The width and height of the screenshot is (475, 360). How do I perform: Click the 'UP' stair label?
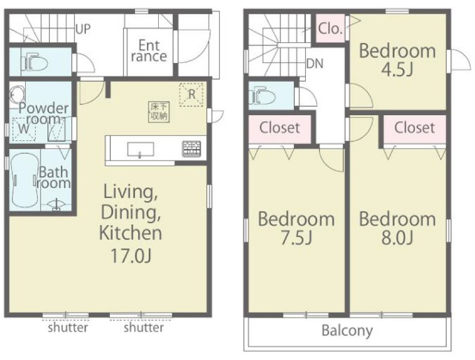point(82,29)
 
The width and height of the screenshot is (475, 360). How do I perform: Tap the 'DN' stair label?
point(315,64)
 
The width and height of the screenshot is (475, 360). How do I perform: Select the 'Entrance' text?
point(149,51)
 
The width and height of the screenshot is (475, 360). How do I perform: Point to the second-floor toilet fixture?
point(262,96)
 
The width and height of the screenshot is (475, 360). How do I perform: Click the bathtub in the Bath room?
point(24,180)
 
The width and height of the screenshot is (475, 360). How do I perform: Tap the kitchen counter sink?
point(140,150)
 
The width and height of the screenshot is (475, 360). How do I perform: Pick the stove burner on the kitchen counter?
point(191,148)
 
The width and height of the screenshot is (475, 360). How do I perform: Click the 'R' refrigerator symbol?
point(191,94)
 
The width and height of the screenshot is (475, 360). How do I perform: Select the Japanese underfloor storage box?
point(159,112)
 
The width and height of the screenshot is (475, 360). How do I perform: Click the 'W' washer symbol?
point(24,129)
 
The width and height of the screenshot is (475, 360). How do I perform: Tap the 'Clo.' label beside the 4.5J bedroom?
point(330,29)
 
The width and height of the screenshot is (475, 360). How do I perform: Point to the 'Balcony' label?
point(347,330)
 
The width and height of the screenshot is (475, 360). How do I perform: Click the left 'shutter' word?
point(68,327)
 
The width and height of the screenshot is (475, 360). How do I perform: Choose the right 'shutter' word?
point(143,327)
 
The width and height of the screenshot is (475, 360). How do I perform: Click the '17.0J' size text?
point(131,255)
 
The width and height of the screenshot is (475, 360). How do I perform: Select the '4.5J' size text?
point(397,70)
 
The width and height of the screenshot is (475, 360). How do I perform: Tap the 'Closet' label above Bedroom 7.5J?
point(280,128)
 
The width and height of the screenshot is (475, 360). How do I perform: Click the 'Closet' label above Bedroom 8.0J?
point(414,128)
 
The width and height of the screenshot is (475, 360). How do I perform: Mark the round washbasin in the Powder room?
point(16,94)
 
